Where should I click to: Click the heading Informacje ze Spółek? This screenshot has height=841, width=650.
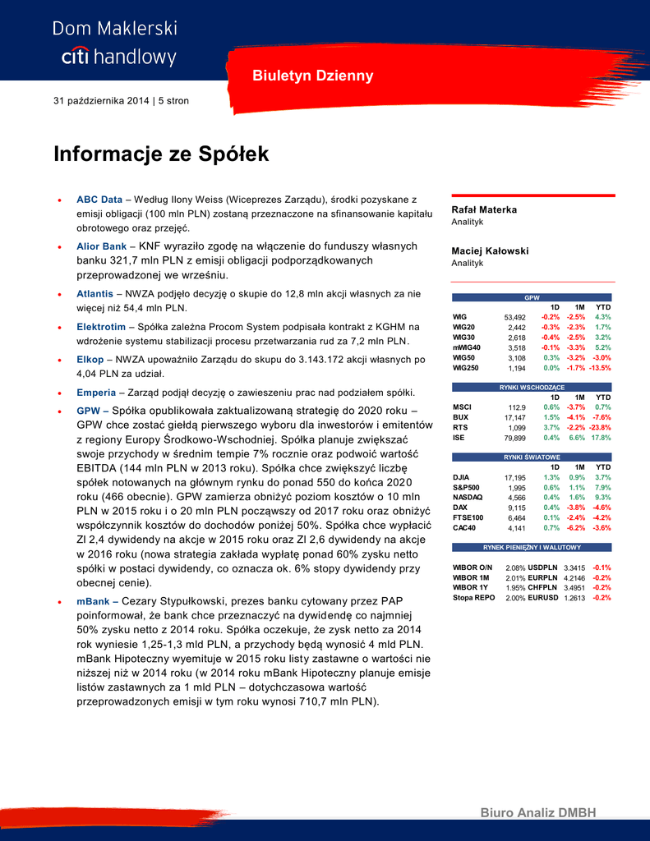click(161, 154)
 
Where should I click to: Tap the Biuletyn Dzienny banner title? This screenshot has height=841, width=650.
click(312, 76)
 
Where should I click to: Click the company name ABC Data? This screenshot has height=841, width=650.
click(99, 200)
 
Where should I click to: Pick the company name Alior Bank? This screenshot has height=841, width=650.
click(102, 246)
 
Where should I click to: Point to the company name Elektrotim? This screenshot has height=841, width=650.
click(101, 327)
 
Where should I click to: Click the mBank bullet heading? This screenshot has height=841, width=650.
click(93, 601)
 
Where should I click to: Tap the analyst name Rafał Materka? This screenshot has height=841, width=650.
click(485, 210)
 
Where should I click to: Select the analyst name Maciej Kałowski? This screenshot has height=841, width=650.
click(490, 251)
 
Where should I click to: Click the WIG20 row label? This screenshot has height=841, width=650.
click(464, 327)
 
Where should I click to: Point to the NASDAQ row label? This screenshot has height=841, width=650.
click(468, 497)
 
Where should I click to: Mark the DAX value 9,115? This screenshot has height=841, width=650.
click(516, 508)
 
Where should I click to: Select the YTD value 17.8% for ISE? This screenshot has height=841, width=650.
click(601, 438)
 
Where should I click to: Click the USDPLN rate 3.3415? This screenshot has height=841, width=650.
click(574, 568)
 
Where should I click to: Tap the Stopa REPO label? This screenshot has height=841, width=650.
click(474, 598)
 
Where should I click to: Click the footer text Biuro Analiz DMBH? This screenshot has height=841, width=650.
click(538, 813)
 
